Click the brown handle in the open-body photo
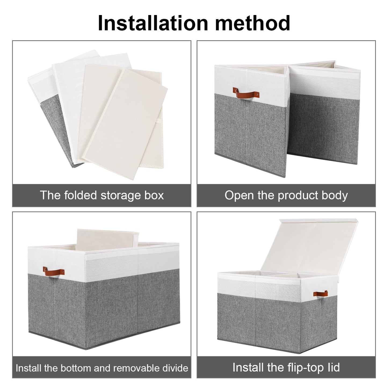(x=246, y=93)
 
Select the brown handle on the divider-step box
(x=53, y=272)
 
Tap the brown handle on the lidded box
(x=320, y=293)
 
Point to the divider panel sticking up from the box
(x=108, y=238)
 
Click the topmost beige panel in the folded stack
(x=125, y=123)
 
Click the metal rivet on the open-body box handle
(x=257, y=94)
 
